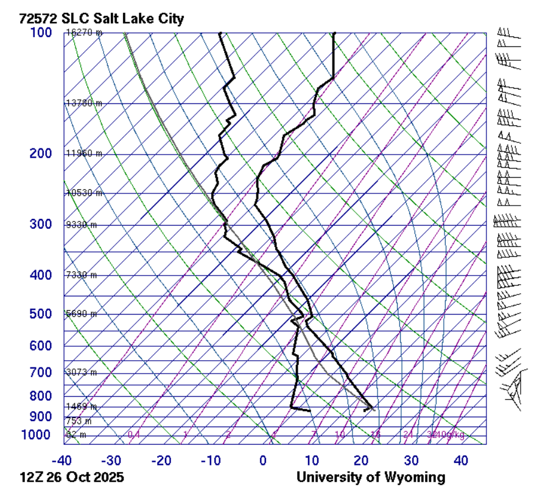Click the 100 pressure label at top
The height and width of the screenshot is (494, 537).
point(41,32)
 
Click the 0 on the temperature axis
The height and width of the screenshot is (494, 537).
point(263,461)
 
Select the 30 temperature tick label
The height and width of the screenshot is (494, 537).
point(412,461)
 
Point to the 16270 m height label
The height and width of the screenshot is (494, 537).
point(84,33)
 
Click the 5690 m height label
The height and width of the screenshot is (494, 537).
point(82,314)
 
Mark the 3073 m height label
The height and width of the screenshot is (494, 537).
point(82,372)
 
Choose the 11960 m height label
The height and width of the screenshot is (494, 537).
point(84,154)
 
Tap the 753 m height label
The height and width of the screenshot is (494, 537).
point(79,421)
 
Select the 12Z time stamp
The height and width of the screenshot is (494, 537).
point(32,478)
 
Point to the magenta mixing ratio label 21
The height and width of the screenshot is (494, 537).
point(408,434)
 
